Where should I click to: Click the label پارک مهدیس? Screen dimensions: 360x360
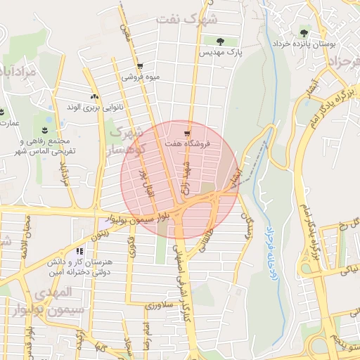click(x=219, y=53)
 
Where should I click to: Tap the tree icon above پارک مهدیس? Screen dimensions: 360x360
click(x=221, y=41)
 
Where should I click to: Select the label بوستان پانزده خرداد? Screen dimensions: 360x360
click(x=305, y=44)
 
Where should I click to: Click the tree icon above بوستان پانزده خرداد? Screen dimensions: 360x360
click(x=304, y=32)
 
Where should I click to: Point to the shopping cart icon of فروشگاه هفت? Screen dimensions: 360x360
click(x=186, y=133)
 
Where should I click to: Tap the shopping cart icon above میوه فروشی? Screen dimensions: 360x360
click(x=141, y=65)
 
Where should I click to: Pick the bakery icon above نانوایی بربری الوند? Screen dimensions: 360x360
click(x=94, y=97)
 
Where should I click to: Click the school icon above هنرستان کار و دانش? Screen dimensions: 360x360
click(x=79, y=251)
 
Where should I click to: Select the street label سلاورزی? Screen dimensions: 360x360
click(x=159, y=305)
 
